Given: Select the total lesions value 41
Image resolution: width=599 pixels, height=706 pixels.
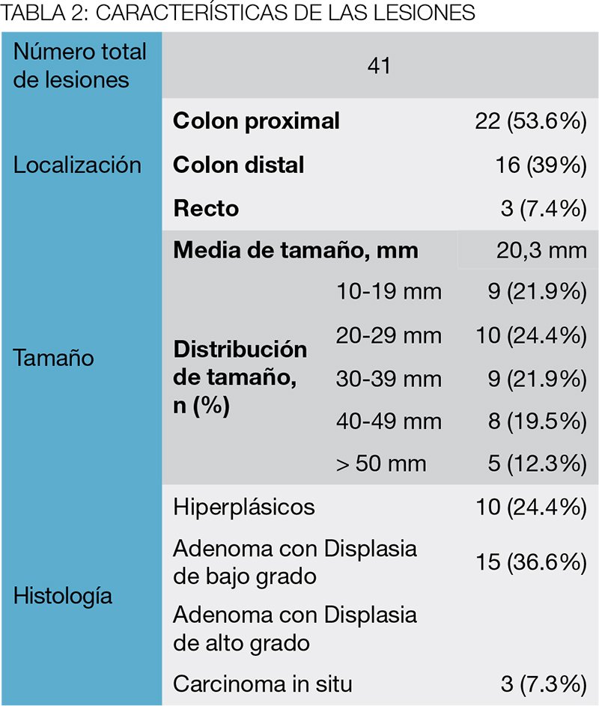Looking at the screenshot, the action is pos(379,66).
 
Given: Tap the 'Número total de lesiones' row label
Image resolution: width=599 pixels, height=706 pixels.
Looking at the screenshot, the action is pos(79,66).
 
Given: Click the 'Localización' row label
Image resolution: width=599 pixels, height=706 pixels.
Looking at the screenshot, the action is pos(77,165).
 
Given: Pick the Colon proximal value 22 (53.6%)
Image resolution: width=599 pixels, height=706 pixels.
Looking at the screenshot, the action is pos(531,121).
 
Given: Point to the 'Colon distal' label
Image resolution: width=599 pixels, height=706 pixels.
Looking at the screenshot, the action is pos(238,165).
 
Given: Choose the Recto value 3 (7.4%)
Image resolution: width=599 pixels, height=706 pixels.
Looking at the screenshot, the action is pos(544,208).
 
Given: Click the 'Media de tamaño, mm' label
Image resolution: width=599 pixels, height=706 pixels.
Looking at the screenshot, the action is pos(296,250).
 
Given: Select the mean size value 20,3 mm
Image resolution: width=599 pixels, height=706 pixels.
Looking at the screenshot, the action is pos(542,250).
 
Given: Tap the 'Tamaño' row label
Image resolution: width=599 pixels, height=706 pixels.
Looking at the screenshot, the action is pos(54,359).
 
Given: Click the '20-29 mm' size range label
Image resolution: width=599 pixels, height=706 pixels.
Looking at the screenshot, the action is pos(389,336).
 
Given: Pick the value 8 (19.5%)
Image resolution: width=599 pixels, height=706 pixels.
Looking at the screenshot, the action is pos(538,422).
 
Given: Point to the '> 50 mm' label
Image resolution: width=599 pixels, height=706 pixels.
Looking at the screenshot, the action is pos(381,463).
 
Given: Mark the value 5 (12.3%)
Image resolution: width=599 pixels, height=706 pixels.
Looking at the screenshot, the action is pos(538,463).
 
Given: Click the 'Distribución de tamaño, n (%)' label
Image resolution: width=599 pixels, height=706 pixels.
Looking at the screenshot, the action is pos(240,377).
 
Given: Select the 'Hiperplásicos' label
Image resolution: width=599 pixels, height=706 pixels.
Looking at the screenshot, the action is pos(243,508).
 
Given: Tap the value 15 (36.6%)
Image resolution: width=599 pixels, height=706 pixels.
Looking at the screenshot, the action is pos(532,562).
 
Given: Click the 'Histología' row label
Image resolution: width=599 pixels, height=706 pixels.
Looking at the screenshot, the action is pos(63,596).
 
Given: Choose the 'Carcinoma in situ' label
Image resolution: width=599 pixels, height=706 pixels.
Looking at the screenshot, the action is pos(263,684).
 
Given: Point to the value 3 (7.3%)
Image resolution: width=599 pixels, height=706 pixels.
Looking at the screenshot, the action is pos(544,684).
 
